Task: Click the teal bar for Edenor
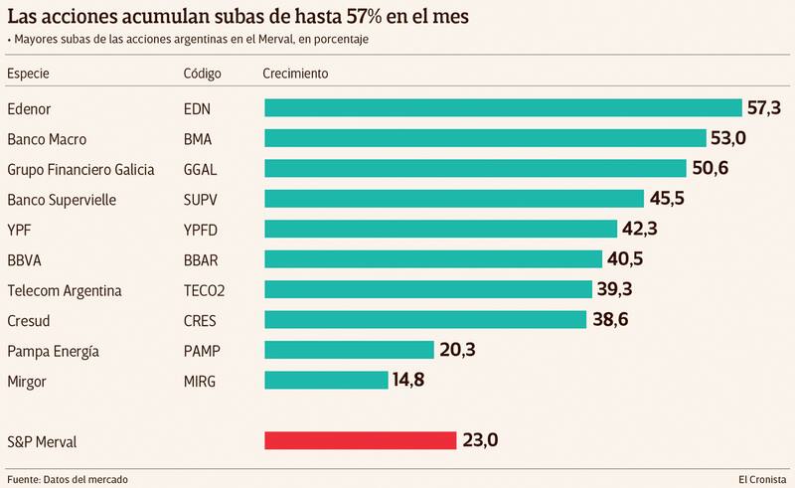pyautogui.click(x=503, y=107)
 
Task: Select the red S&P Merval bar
pyautogui.click(x=360, y=440)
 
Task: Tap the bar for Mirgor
pyautogui.click(x=326, y=380)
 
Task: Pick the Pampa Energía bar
pyautogui.click(x=349, y=350)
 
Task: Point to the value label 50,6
pyautogui.click(x=711, y=168)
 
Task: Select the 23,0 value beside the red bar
pyautogui.click(x=481, y=440)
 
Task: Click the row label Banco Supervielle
pyautogui.click(x=61, y=199)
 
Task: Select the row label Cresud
pyautogui.click(x=31, y=320)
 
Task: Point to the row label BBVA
pyautogui.click(x=26, y=259)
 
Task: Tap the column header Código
pyautogui.click(x=204, y=74)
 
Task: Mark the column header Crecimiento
pyautogui.click(x=295, y=74)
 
